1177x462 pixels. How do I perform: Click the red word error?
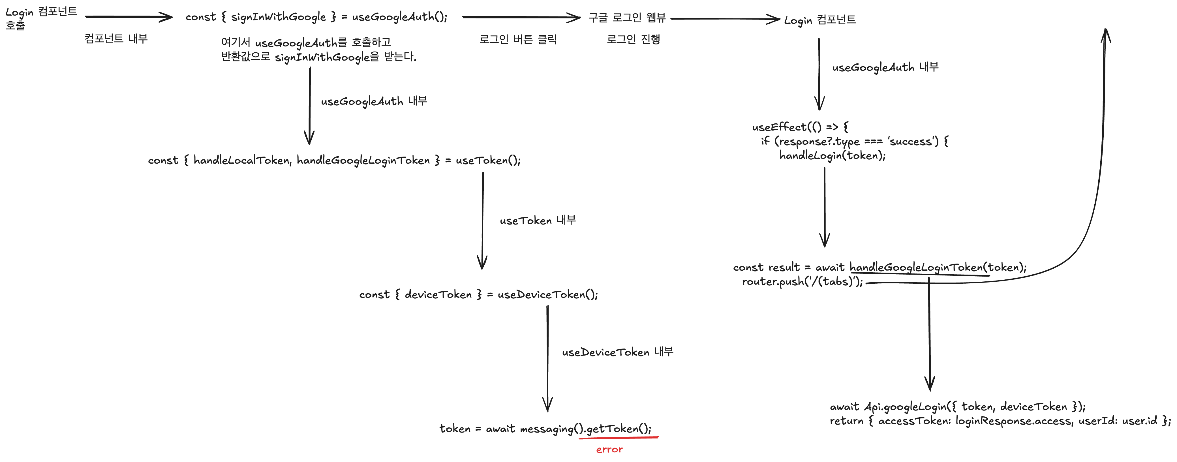609,449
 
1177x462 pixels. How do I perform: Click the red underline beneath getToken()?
618,438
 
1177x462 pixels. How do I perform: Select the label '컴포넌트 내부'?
116,38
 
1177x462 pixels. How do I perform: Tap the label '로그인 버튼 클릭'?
518,39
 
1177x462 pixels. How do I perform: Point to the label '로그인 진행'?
633,39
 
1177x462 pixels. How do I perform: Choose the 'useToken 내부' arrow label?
537,220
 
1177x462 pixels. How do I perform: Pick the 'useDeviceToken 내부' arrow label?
617,352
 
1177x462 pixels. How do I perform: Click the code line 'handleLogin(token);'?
832,155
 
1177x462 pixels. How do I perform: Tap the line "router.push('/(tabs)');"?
802,281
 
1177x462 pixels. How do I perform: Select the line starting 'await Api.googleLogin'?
957,406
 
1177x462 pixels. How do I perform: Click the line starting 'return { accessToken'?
1000,420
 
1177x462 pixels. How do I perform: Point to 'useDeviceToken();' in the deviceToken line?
547,295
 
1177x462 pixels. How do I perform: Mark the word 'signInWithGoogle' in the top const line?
278,17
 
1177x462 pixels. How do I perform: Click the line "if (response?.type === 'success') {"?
854,141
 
